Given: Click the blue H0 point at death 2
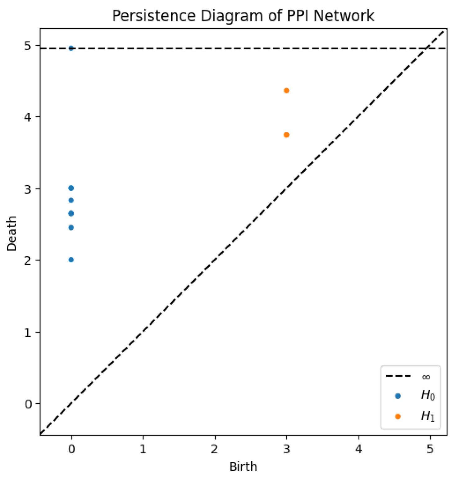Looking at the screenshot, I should pos(71,260).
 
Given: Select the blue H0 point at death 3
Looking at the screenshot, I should pos(71,188).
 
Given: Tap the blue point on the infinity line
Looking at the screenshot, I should pos(71,48).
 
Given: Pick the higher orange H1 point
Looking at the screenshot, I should pos(286,91).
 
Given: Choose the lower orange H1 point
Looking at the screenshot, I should pos(286,135).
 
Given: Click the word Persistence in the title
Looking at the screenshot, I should pos(153,16).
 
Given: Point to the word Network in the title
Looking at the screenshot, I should pos(344,16).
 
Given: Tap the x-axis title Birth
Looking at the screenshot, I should pos(243,467).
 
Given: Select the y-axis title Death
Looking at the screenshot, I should pos(12,233).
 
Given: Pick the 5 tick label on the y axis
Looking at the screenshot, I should pos(28,46).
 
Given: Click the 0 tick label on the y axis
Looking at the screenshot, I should pos(28,404).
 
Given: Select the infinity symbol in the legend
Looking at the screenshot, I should pos(426,377).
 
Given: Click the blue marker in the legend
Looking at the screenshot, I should pos(398,396).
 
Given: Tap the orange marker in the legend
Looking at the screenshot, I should pos(398,416).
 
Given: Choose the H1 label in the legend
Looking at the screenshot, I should pos(428,416).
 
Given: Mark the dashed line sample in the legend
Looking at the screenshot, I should pos(398,376).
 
